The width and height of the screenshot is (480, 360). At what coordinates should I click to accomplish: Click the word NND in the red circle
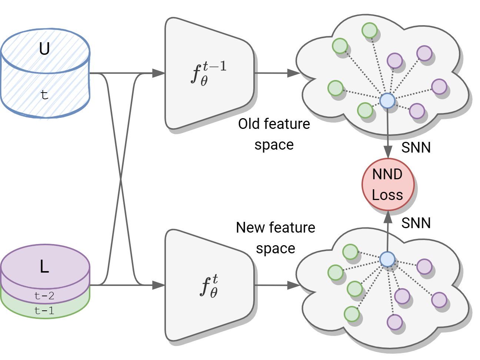(x=387, y=174)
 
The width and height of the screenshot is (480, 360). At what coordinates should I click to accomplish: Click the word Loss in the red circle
(x=387, y=195)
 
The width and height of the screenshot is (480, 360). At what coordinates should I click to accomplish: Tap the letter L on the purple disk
(x=44, y=267)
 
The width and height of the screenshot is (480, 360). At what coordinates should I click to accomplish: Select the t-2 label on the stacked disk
(x=44, y=296)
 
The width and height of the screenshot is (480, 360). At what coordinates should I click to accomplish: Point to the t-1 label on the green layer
(x=44, y=311)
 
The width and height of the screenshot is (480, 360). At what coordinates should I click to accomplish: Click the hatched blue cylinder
(x=46, y=74)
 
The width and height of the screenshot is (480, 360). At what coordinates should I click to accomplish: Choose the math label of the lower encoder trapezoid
(x=209, y=286)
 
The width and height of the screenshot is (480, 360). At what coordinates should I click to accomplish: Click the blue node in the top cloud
(x=387, y=100)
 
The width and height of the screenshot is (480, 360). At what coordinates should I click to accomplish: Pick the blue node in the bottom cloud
(x=387, y=259)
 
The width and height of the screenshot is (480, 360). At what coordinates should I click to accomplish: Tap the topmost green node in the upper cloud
(x=369, y=30)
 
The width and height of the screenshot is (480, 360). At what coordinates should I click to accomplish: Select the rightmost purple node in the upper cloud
(x=439, y=87)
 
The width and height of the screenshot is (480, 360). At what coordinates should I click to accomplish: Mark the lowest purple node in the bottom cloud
(x=395, y=322)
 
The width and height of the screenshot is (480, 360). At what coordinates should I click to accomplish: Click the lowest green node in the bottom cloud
(x=351, y=314)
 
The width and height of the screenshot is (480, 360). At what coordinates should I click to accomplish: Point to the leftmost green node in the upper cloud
(x=336, y=88)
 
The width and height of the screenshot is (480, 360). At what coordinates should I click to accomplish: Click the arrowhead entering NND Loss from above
(x=388, y=152)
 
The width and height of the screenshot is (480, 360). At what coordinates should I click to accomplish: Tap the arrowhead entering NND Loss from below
(x=388, y=217)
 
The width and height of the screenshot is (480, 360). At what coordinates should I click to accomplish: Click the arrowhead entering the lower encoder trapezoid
(x=159, y=285)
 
